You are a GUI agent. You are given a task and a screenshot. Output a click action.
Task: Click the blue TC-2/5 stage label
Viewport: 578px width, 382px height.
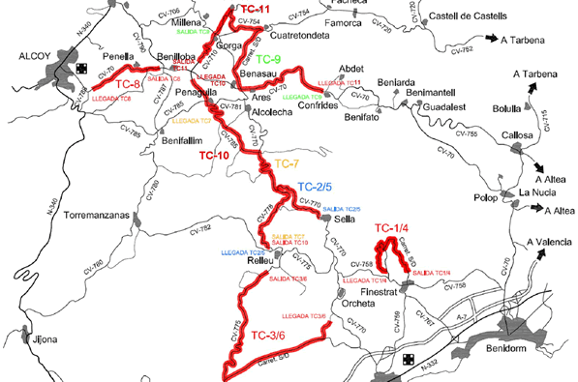315,187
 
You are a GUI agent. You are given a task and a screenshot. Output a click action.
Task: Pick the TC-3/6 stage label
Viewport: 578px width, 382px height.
267,336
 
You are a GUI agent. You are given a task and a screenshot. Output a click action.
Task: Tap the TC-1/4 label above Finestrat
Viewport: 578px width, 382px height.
393,228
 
